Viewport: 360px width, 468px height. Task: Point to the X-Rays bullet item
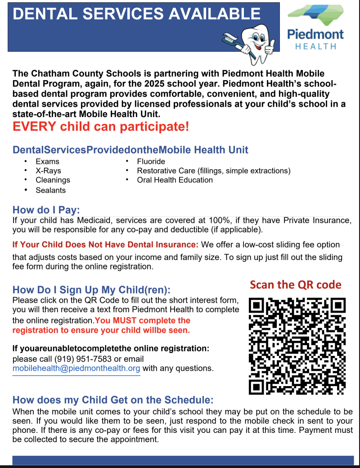(x=48, y=171)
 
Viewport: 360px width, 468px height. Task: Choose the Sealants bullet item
(x=50, y=190)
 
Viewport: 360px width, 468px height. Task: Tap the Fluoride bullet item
(x=151, y=161)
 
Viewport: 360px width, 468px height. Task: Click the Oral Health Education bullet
(x=175, y=180)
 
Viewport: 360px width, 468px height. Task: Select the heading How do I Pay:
(x=46, y=210)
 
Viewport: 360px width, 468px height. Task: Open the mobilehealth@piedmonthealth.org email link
(x=76, y=369)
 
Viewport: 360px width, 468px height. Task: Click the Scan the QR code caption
(x=295, y=285)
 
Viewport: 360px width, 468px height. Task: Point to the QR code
(x=297, y=345)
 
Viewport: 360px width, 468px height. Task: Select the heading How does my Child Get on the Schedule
(x=112, y=400)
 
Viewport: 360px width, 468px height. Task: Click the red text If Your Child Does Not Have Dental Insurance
(x=105, y=245)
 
